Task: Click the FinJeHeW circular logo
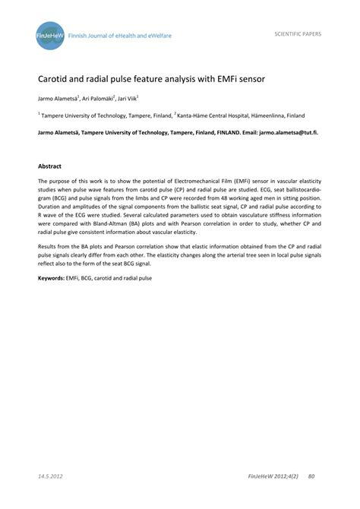coord(49,34)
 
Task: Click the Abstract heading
coord(50,166)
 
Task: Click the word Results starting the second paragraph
coord(49,248)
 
